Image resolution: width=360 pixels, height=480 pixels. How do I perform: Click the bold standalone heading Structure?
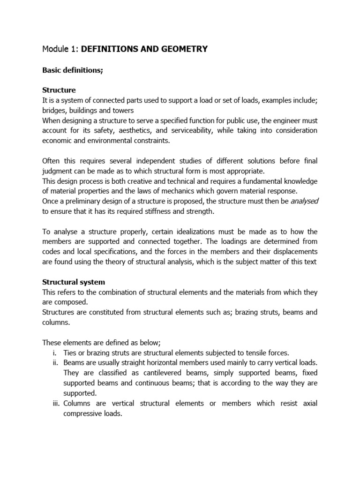(x=59, y=90)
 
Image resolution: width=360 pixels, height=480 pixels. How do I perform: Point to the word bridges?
(x=54, y=110)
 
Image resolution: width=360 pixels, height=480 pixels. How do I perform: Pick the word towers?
(x=123, y=110)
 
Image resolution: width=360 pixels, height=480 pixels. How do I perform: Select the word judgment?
(x=59, y=171)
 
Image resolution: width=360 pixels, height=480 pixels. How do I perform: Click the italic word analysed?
(x=305, y=201)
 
